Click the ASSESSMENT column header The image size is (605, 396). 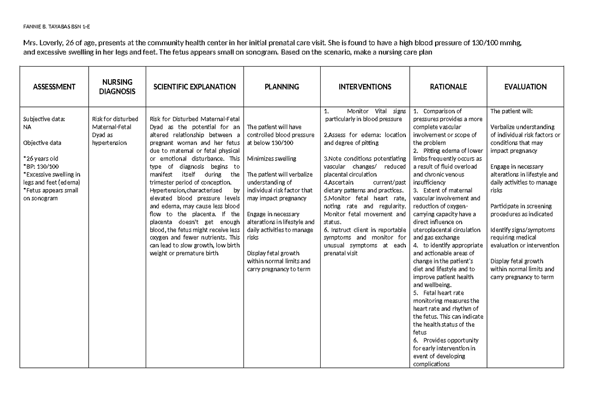(x=54, y=87)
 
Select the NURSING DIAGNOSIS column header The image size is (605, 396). (x=117, y=87)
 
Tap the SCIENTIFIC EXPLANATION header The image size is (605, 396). (x=194, y=87)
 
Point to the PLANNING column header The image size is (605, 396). (x=281, y=87)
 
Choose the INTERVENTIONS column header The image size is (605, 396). (x=365, y=87)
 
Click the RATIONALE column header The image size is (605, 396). (x=448, y=87)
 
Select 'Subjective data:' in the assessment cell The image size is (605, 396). (x=44, y=120)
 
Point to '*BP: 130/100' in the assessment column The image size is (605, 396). (x=41, y=166)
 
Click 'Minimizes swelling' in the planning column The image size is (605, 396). (x=271, y=159)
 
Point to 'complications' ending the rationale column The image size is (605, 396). (x=431, y=364)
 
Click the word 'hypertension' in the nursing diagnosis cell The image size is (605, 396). (x=109, y=143)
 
